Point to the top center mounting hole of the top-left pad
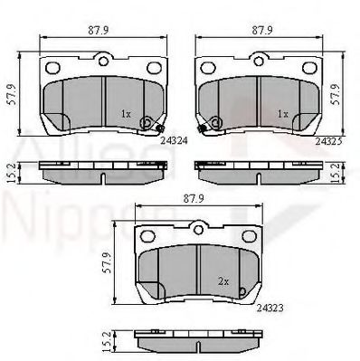pyautogui.click(x=103, y=61)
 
